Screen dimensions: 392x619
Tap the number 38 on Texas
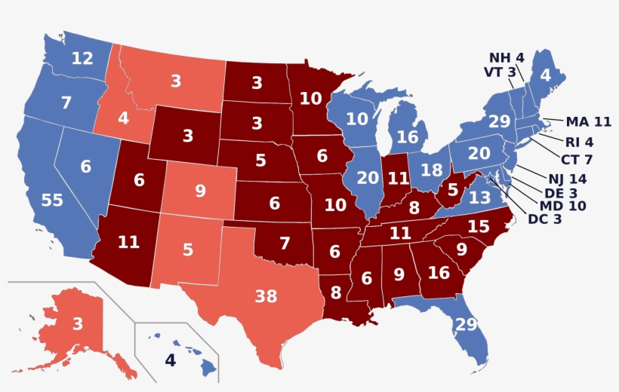point(266,296)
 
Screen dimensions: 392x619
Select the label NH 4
point(506,57)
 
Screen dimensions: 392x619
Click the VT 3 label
point(500,72)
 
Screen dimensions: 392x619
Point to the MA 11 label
point(587,121)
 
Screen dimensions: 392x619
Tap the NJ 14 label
point(568,179)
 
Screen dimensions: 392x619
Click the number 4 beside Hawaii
point(170,361)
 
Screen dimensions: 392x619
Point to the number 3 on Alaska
point(78,324)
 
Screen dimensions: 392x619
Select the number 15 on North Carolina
point(478,225)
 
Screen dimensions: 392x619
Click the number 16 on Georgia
point(439,272)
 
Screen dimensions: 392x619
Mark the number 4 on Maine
point(545,75)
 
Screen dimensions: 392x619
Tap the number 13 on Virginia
point(479,198)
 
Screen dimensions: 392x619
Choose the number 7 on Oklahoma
point(284,243)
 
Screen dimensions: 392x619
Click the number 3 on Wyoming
point(187,136)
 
